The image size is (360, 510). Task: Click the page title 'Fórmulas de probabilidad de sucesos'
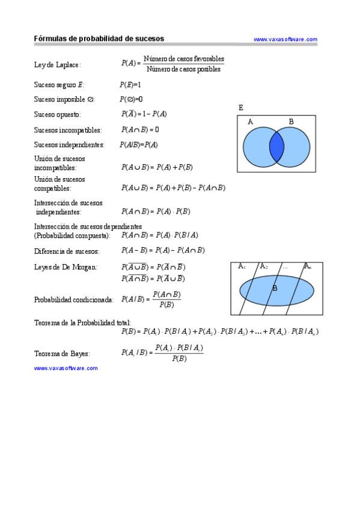coord(99,38)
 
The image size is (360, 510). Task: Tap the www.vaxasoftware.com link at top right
coord(285,40)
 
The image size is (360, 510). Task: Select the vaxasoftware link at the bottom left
coord(66,368)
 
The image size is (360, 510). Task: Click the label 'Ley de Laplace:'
coord(57,65)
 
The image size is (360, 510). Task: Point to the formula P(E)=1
coord(130,85)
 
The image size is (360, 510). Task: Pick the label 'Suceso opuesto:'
coord(57,114)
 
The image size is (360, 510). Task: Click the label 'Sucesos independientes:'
coord(69,145)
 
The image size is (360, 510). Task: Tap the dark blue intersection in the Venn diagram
coord(276,147)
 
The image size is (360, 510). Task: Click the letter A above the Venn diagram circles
coord(250,121)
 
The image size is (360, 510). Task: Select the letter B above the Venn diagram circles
coord(291,121)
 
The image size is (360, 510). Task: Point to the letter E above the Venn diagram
coord(241,108)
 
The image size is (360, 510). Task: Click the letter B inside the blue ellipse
coord(275,288)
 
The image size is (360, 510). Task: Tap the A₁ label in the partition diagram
coord(242,266)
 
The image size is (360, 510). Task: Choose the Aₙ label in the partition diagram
coord(307,266)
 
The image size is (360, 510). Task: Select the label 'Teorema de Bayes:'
coord(62,354)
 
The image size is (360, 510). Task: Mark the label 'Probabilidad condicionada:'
coord(73,300)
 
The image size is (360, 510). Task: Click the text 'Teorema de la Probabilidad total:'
coord(82,323)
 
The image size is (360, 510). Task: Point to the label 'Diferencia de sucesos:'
coord(66,251)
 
